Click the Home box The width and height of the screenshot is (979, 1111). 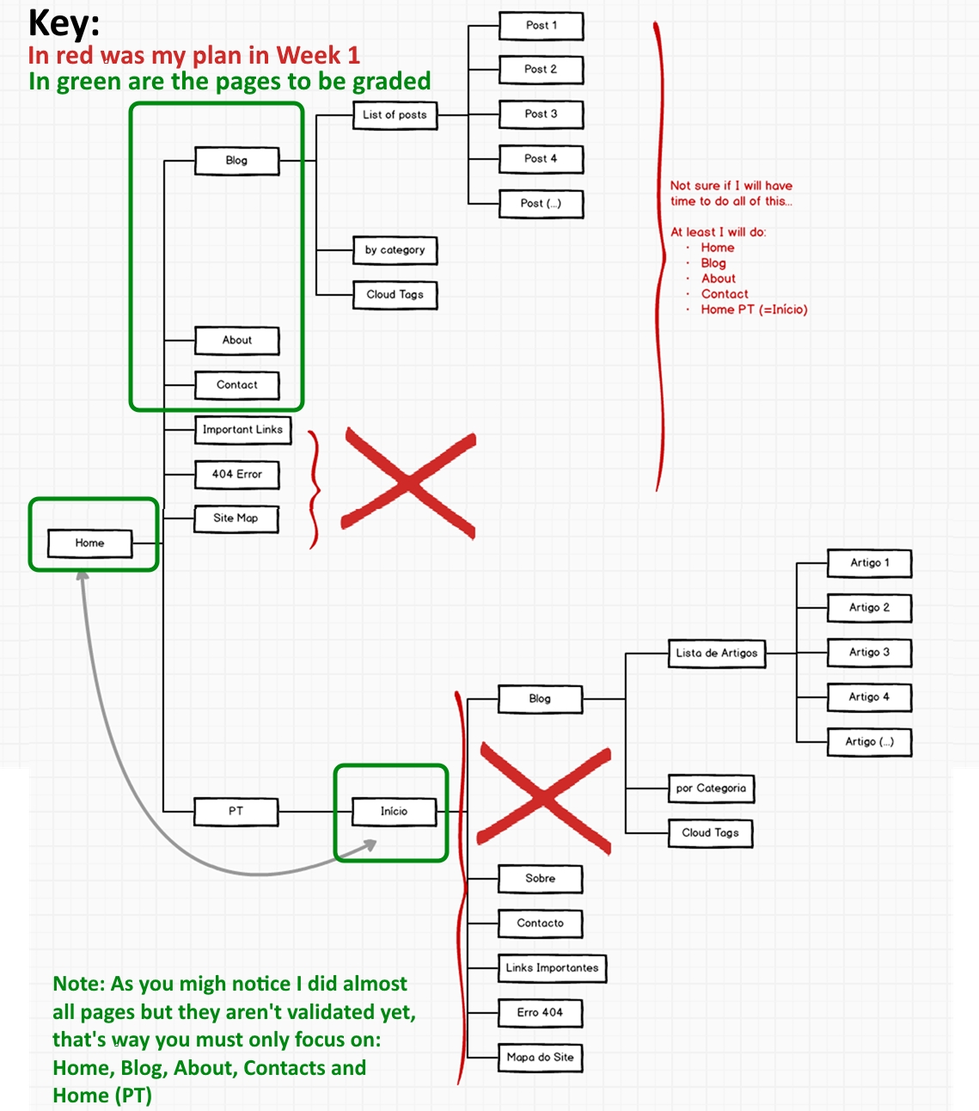pyautogui.click(x=89, y=543)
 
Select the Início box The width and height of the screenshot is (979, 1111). pyautogui.click(x=394, y=812)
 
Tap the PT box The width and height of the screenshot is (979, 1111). pyautogui.click(x=236, y=812)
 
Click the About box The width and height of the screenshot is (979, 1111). pyautogui.click(x=237, y=341)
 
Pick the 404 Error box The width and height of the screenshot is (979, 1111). pyautogui.click(x=237, y=475)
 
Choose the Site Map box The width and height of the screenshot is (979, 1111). pyautogui.click(x=236, y=519)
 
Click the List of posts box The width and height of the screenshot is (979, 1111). pyautogui.click(x=395, y=115)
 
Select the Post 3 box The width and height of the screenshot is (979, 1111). pyautogui.click(x=541, y=114)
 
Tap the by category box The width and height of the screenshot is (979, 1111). pyautogui.click(x=395, y=250)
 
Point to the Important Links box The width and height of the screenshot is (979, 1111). pyautogui.click(x=242, y=430)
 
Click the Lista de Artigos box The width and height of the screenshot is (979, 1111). pyautogui.click(x=716, y=654)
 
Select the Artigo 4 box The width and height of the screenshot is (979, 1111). pyautogui.click(x=869, y=697)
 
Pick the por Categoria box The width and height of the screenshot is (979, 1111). pyautogui.click(x=711, y=789)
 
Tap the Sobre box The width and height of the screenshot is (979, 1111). pyautogui.click(x=540, y=879)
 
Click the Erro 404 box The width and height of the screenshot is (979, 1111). pyautogui.click(x=540, y=1013)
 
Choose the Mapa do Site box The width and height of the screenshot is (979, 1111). pyautogui.click(x=540, y=1058)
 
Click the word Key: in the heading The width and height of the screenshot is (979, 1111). pyautogui.click(x=64, y=23)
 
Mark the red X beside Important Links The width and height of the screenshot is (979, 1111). pyautogui.click(x=408, y=484)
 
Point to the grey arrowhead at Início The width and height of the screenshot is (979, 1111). pyautogui.click(x=370, y=846)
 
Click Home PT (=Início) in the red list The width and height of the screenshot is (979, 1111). pyautogui.click(x=754, y=310)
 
